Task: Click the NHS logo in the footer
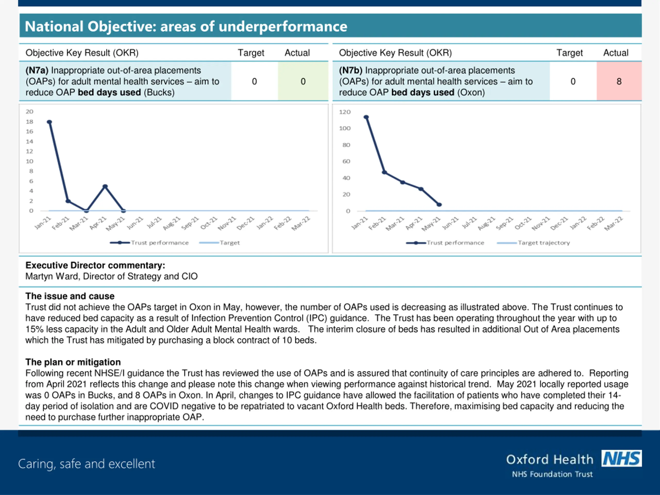[621, 458]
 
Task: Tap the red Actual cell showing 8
[619, 81]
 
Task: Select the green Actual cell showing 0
[303, 81]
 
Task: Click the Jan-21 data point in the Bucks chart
[49, 122]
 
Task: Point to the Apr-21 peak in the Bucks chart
[105, 186]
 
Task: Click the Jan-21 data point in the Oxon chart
[366, 117]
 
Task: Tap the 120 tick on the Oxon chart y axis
[345, 112]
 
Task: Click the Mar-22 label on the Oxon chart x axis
[614, 224]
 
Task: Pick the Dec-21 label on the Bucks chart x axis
[245, 224]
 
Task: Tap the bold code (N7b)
[350, 70]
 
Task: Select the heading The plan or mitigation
[73, 362]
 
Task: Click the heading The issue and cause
[70, 296]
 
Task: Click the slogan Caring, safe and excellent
[87, 464]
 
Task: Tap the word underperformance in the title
[283, 26]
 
